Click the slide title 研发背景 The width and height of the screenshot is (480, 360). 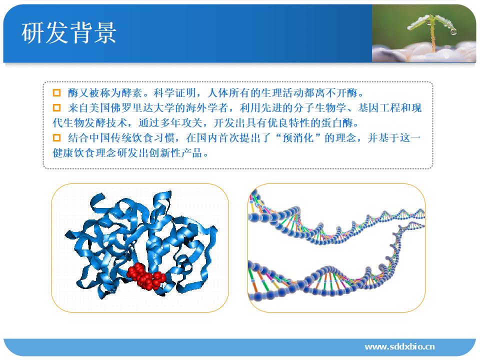tap(69, 33)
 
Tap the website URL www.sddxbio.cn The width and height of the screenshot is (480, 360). tap(399, 346)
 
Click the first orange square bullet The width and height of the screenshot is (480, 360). tap(56, 93)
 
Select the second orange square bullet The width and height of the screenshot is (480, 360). tap(56, 108)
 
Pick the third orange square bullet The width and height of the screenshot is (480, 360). tap(56, 138)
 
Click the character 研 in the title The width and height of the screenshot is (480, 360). tap(33, 33)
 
